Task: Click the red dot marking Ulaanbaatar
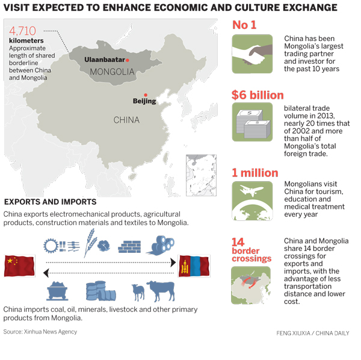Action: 128,60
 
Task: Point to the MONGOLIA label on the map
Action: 111,72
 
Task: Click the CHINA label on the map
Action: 126,120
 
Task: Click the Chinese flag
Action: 18,265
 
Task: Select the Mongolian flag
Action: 194,265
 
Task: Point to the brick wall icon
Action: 129,246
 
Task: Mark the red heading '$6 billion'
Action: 258,95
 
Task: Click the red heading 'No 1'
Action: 244,25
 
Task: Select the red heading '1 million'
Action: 255,173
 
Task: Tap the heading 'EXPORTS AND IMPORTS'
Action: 50,202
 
